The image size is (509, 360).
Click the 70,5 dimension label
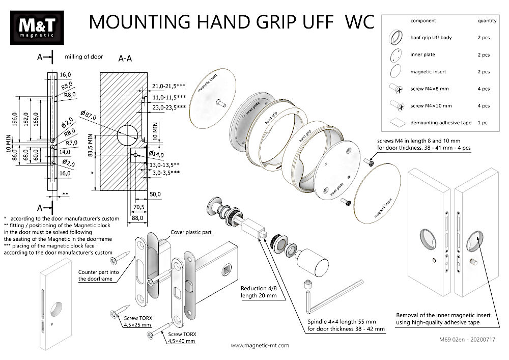tap(138, 207)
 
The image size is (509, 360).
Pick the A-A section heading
tap(125, 59)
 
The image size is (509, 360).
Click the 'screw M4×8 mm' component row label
tap(430, 89)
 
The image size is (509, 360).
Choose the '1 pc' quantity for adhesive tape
tap(483, 123)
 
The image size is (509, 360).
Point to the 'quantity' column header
tap(487, 21)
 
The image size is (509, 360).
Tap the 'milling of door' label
tap(84, 57)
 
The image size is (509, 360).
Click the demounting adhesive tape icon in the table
tap(396, 123)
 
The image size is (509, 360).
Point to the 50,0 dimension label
tap(155, 194)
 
